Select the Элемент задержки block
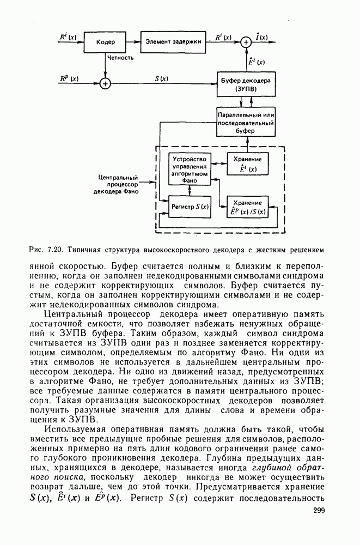pos(173,41)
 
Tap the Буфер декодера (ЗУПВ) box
pos(246,83)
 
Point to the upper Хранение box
pos(247,164)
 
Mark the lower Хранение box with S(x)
pos(247,206)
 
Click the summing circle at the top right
pos(246,41)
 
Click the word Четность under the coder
pos(120,56)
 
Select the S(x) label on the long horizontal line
pos(161,78)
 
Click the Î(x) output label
pos(263,37)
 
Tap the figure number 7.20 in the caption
pos(54,250)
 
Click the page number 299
pos(319,510)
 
